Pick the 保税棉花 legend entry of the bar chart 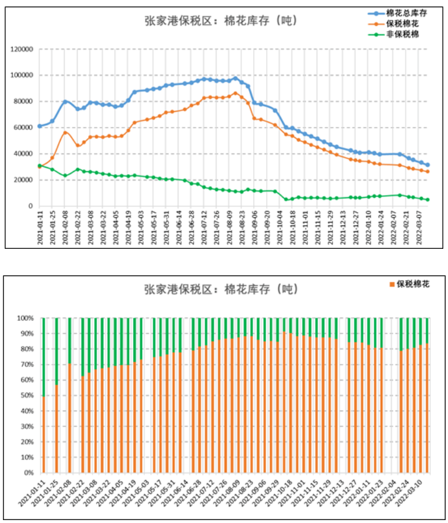click(x=413, y=284)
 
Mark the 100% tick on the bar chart click(x=26, y=318)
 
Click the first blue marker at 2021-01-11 click(x=39, y=126)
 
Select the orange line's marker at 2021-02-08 click(x=65, y=132)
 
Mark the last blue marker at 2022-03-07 click(x=427, y=165)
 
